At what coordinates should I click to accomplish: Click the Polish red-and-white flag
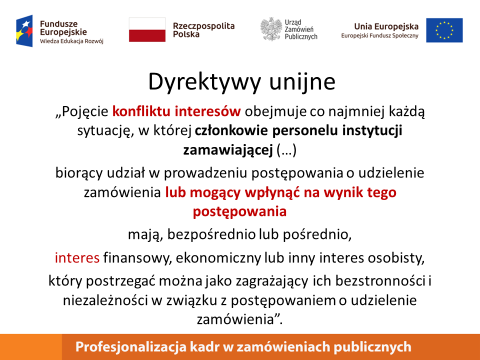pyautogui.click(x=147, y=29)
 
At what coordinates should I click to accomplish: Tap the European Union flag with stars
pyautogui.click(x=444, y=30)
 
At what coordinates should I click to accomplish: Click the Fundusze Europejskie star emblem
pyautogui.click(x=24, y=31)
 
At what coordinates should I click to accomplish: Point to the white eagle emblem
pyautogui.click(x=271, y=29)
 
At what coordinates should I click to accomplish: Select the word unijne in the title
pyautogui.click(x=302, y=81)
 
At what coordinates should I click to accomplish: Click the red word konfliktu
pyautogui.click(x=141, y=111)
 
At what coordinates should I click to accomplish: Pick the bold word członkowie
pyautogui.click(x=231, y=130)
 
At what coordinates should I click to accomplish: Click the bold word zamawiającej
pyautogui.click(x=228, y=150)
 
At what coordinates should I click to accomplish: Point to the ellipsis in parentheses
pyautogui.click(x=286, y=150)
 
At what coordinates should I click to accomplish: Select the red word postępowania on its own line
pyautogui.click(x=239, y=211)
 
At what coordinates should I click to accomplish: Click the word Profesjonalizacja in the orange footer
pyautogui.click(x=130, y=347)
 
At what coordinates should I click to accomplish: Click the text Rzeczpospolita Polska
pyautogui.click(x=203, y=30)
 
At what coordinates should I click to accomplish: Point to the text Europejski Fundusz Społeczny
pyautogui.click(x=379, y=36)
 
